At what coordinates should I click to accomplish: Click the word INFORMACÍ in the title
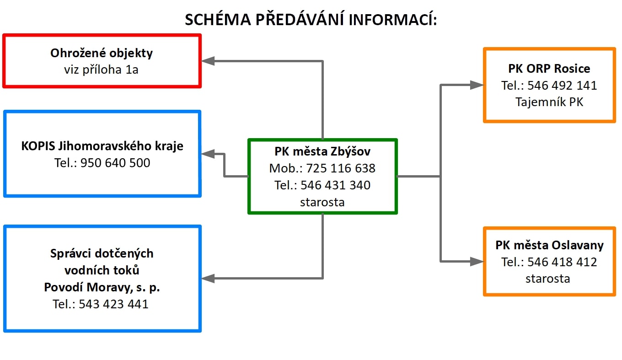coord(392,20)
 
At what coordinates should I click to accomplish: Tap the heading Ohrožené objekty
coord(102,53)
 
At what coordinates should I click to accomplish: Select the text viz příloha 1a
coord(101,70)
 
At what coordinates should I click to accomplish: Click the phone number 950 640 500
coord(115,163)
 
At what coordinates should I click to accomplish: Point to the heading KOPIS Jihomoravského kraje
coord(102,146)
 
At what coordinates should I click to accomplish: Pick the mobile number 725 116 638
coord(341,168)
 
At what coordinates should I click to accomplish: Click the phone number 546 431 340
coord(335,185)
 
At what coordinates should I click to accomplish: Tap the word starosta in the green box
coord(322,202)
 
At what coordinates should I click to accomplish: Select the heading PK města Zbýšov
coord(322,151)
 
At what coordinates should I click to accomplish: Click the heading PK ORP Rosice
coord(549,69)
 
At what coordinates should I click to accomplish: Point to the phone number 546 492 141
coord(562,86)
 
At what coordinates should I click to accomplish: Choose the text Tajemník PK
coord(549,102)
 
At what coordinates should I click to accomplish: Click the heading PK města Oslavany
coord(550,245)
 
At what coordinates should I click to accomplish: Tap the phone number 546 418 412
coord(562,262)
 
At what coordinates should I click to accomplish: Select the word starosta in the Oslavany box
coord(548,279)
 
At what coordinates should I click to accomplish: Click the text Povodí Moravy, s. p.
coord(102,287)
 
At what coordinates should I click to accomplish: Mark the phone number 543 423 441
coord(113,304)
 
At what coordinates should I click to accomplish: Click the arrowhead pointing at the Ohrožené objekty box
coord(208,61)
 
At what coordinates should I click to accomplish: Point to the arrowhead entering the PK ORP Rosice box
coord(477,85)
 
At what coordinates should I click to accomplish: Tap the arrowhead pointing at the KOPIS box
coord(208,154)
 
